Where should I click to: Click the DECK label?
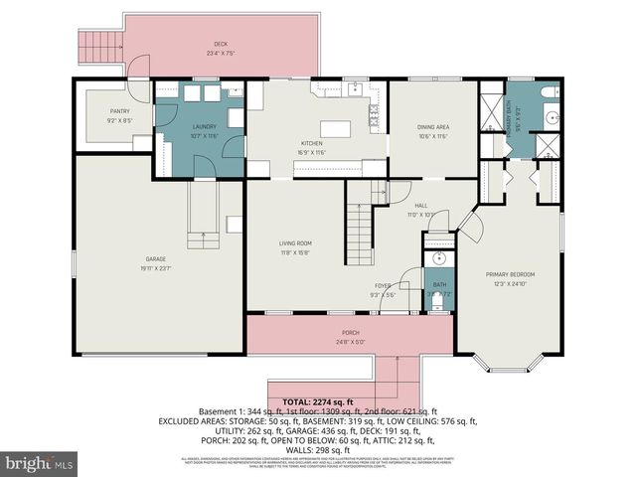tap(221, 44)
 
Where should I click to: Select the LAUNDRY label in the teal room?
tap(204, 127)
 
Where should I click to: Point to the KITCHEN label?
tap(312, 144)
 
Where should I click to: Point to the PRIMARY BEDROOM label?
tap(510, 274)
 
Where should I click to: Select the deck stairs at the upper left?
tap(98, 44)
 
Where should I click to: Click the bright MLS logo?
tap(40, 463)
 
